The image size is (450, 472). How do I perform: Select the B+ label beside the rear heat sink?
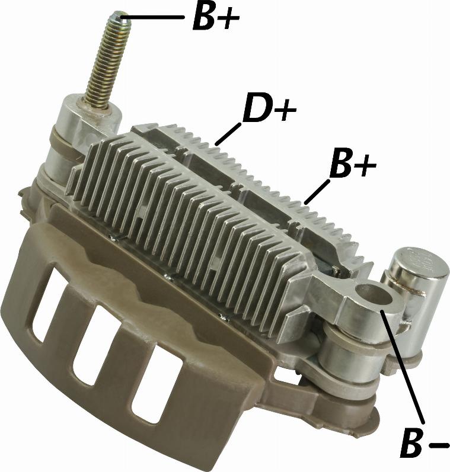(x=353, y=164)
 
